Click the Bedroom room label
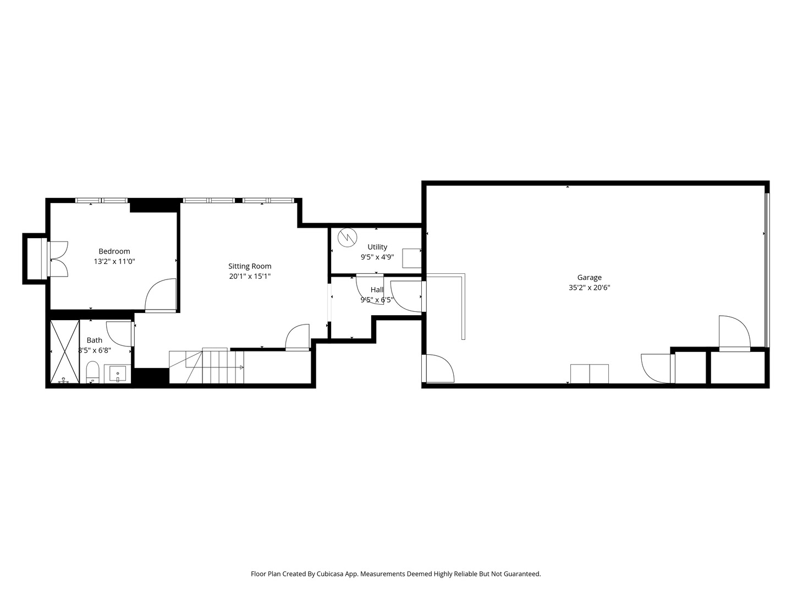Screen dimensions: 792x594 pyautogui.click(x=114, y=251)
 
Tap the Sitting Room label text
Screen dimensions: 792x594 pyautogui.click(x=250, y=266)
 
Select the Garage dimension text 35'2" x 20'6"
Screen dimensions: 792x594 pyautogui.click(x=589, y=288)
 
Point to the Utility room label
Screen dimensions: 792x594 pyautogui.click(x=377, y=247)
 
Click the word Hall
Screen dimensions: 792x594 pyautogui.click(x=377, y=290)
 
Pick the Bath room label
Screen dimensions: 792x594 pyautogui.click(x=94, y=340)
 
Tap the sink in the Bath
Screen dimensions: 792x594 pyautogui.click(x=118, y=374)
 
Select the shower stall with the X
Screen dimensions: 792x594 pyautogui.click(x=64, y=351)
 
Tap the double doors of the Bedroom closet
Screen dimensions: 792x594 pyautogui.click(x=58, y=259)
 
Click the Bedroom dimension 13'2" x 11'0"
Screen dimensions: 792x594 pyautogui.click(x=114, y=261)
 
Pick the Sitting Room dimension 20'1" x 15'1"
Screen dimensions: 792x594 pyautogui.click(x=250, y=277)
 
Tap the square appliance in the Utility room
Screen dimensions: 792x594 pyautogui.click(x=412, y=258)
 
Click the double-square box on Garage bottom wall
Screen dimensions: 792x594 pyautogui.click(x=589, y=374)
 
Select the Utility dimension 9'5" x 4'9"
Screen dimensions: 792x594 pyautogui.click(x=377, y=257)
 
